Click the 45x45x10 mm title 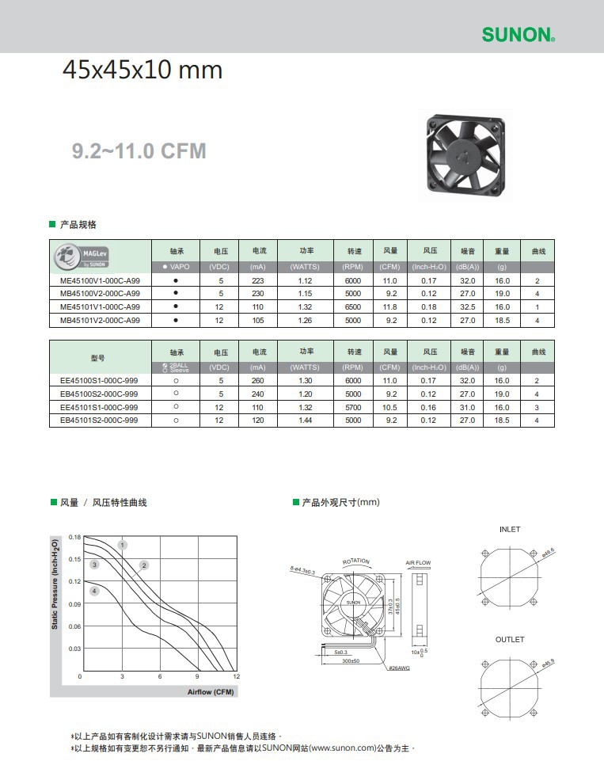pyautogui.click(x=142, y=70)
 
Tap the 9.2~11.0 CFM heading pyautogui.click(x=139, y=150)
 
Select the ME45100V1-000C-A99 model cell pyautogui.click(x=100, y=281)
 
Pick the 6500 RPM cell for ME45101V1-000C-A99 pyautogui.click(x=352, y=307)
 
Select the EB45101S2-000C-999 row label pyautogui.click(x=99, y=420)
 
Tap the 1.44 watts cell pyautogui.click(x=305, y=420)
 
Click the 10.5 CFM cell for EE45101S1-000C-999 pyautogui.click(x=390, y=407)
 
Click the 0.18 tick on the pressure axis pyautogui.click(x=74, y=538)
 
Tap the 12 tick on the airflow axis pyautogui.click(x=236, y=677)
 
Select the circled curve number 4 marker pyautogui.click(x=95, y=591)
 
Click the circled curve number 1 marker pyautogui.click(x=123, y=545)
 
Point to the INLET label pyautogui.click(x=510, y=529)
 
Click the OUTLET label pyautogui.click(x=510, y=639)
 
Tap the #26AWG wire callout pyautogui.click(x=399, y=668)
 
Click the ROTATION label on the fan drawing pyautogui.click(x=355, y=561)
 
